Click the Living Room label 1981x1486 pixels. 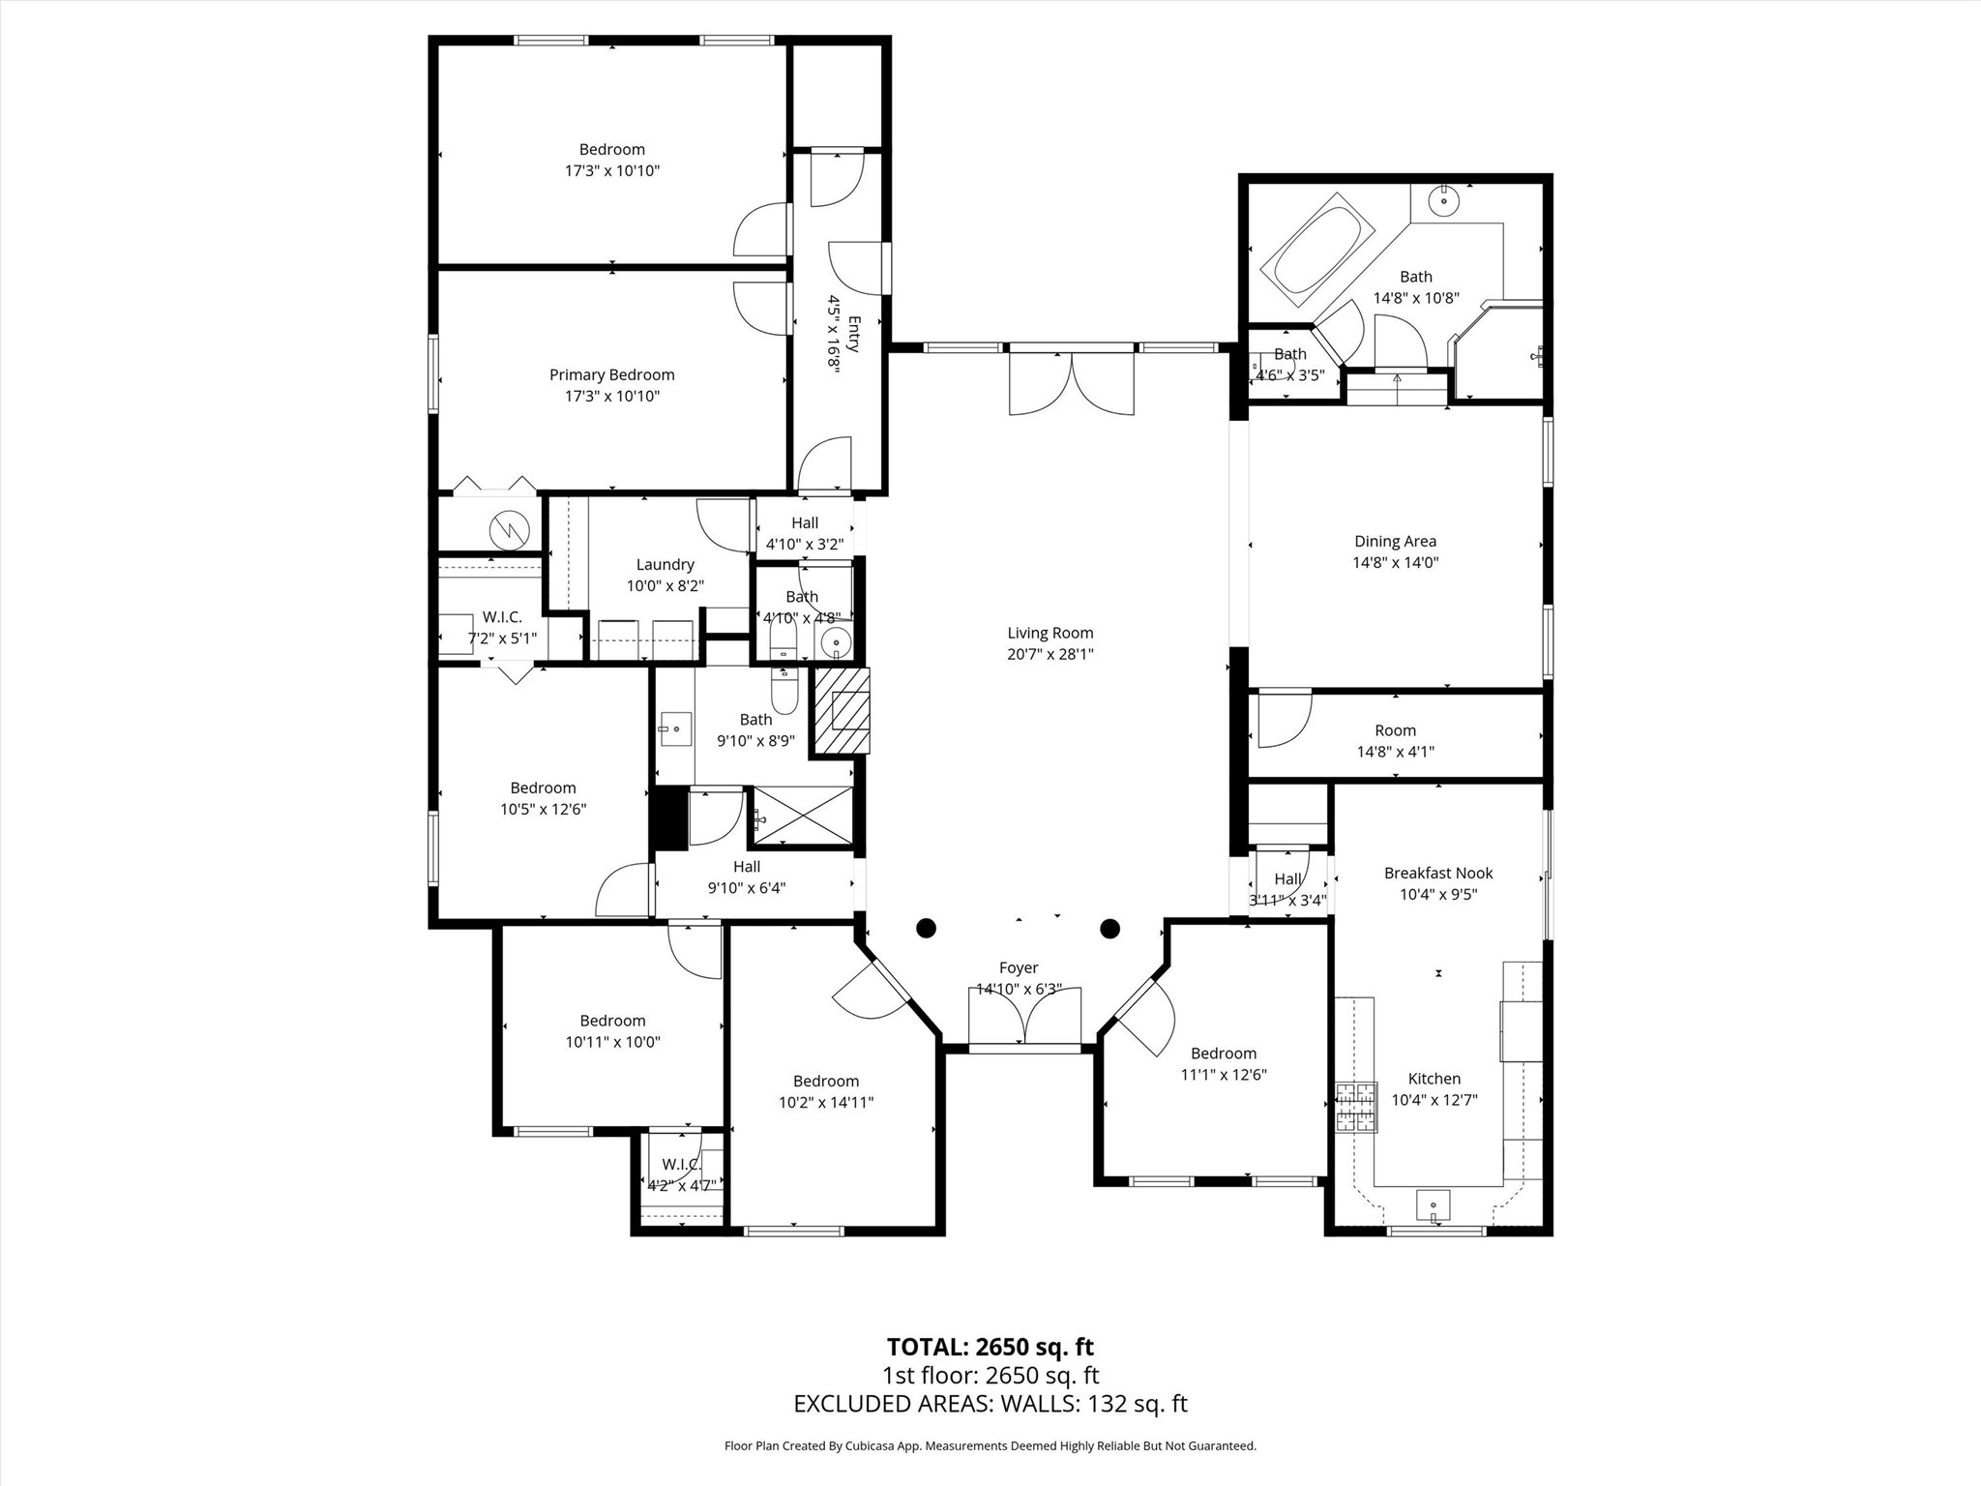click(1050, 634)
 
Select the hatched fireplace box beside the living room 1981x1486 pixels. click(841, 711)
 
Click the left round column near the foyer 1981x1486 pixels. click(926, 929)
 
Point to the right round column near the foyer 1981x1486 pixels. click(1109, 929)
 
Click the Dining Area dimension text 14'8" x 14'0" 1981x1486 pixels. click(1395, 562)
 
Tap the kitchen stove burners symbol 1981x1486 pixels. click(1355, 1108)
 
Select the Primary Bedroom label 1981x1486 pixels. click(611, 375)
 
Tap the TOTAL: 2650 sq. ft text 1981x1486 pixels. click(990, 1347)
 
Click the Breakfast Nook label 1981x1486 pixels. click(1437, 873)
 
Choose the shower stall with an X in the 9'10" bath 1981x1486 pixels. click(803, 817)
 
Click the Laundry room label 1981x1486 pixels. click(665, 565)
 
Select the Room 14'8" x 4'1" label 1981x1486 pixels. click(1394, 731)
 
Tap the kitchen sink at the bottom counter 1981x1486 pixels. click(1433, 1205)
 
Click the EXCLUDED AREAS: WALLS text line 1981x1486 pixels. click(990, 1404)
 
